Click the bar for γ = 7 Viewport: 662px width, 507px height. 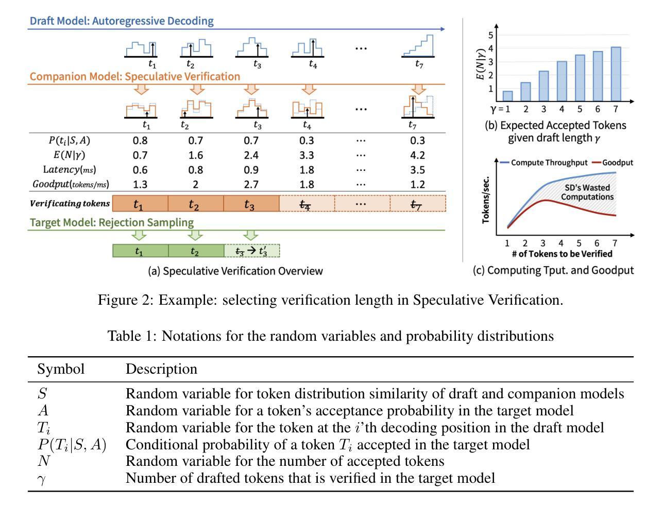pyautogui.click(x=616, y=74)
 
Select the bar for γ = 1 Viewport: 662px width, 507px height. pyautogui.click(x=507, y=96)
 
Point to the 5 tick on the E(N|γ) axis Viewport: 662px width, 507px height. pyautogui.click(x=491, y=35)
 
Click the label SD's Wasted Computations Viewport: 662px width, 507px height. pyautogui.click(x=587, y=193)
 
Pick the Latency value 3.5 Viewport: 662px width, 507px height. pyautogui.click(x=418, y=170)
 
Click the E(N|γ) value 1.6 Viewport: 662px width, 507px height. pyautogui.click(x=195, y=155)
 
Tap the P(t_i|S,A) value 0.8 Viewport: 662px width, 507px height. pyautogui.click(x=140, y=141)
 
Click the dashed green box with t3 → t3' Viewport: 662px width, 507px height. pyautogui.click(x=251, y=251)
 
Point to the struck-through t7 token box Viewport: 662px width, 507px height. pyautogui.click(x=418, y=204)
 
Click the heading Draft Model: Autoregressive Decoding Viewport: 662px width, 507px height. pyautogui.click(x=122, y=21)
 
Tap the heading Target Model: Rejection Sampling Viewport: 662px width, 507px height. pyautogui.click(x=112, y=222)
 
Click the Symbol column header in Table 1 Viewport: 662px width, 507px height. pyautogui.click(x=61, y=369)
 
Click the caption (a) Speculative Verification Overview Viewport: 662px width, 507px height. pyautogui.click(x=235, y=271)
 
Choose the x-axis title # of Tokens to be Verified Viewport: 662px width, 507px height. pyautogui.click(x=562, y=254)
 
